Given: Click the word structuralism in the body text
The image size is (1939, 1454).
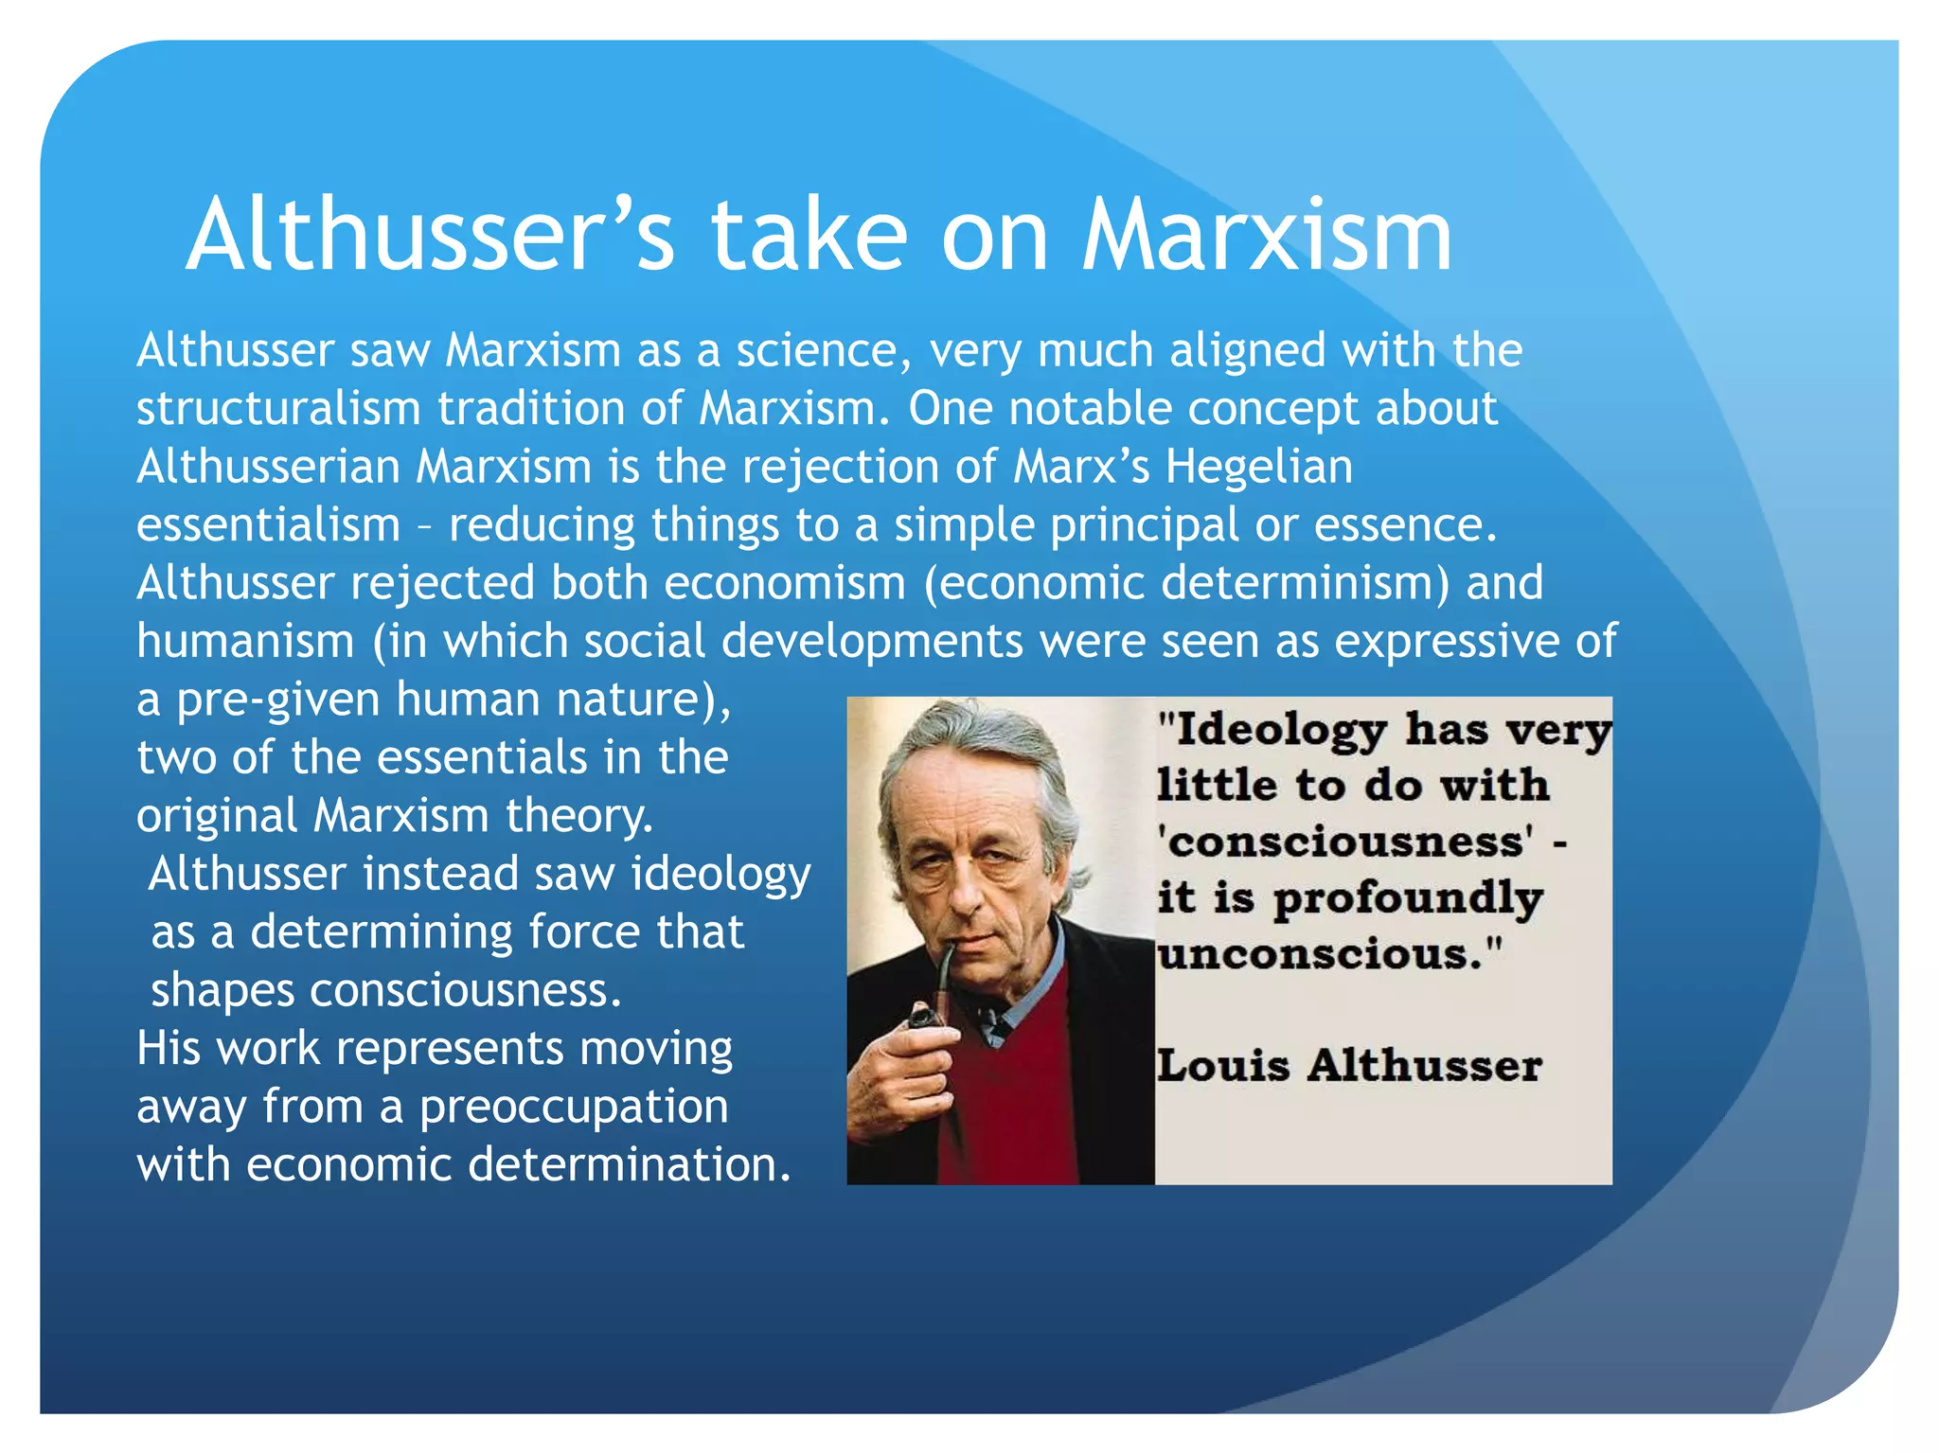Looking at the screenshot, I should (x=278, y=409).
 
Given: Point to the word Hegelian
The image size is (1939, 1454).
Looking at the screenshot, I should (x=1258, y=467).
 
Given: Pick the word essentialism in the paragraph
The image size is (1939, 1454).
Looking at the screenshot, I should (x=268, y=525).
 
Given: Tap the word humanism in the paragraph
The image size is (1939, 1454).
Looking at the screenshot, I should (x=245, y=642).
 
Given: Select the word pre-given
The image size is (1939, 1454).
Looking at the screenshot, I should (x=278, y=700).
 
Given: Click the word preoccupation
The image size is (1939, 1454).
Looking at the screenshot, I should (x=574, y=1107).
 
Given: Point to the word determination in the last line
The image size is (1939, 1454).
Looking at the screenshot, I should (x=629, y=1164).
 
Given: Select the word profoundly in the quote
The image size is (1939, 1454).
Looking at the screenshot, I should (x=1407, y=899).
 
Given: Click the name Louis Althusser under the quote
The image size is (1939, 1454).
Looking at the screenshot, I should (x=1348, y=1066).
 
